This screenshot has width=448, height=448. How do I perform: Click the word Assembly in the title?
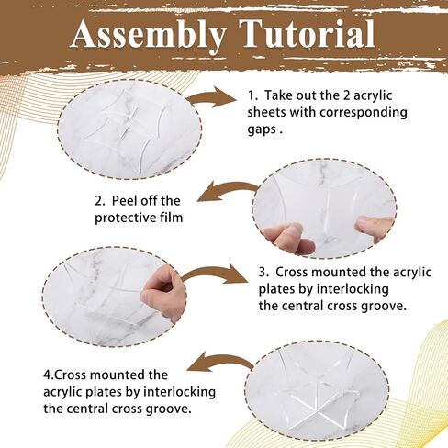point(149,35)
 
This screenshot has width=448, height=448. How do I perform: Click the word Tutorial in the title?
point(308,33)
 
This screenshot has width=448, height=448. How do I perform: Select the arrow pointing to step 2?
point(228,192)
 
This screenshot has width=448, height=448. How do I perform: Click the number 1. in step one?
point(252,95)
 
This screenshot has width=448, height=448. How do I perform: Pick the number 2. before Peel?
point(99,201)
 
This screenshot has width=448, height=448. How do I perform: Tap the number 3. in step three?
point(263,272)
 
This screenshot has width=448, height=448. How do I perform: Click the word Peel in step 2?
point(126,201)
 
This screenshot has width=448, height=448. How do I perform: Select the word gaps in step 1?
point(262,129)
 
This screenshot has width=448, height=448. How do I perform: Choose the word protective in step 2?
point(126,218)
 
